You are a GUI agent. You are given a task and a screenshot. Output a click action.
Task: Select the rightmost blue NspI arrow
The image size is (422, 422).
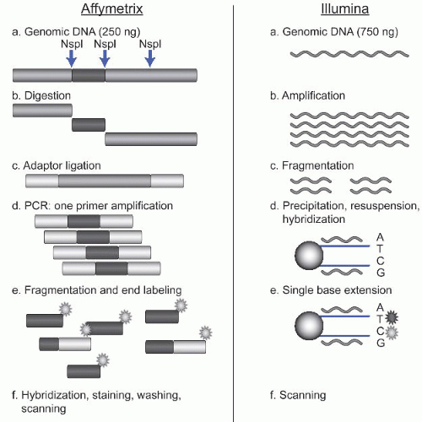click(150, 57)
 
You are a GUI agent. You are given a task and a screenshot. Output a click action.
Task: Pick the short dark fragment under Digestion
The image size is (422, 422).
click(89, 125)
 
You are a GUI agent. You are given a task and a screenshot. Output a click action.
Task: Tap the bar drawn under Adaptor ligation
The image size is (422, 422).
click(105, 181)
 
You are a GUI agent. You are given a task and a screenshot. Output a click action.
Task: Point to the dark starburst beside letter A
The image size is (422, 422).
click(373, 317)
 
